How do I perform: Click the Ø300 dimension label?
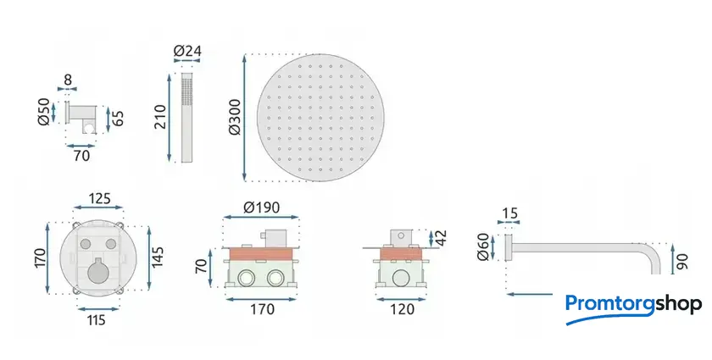tap(236, 118)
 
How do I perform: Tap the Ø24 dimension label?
tap(187, 51)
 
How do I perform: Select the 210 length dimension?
tap(160, 117)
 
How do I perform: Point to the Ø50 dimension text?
tap(44, 112)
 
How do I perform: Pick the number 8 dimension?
tap(68, 80)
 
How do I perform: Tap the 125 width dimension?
tap(98, 198)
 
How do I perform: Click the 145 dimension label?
tap(157, 257)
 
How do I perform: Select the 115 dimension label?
tap(96, 320)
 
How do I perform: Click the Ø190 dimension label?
tap(262, 208)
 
